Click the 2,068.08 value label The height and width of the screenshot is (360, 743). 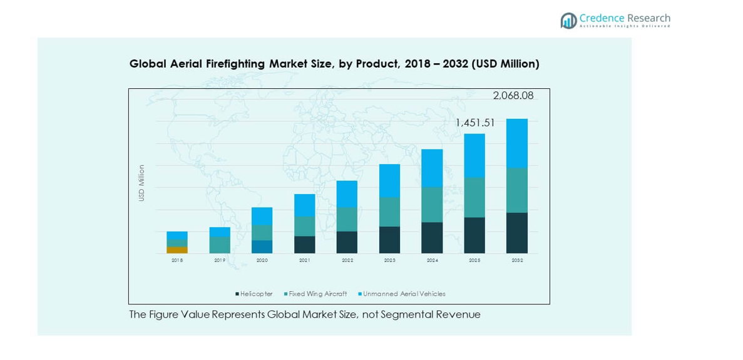tap(513, 96)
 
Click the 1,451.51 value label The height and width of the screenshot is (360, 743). tap(475, 123)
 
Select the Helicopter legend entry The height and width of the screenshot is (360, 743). tap(254, 294)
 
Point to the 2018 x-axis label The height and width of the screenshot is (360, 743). tap(177, 260)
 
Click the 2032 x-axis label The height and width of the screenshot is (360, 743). tap(517, 260)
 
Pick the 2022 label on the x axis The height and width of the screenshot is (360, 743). tap(347, 260)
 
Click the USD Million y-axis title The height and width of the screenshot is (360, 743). tap(141, 183)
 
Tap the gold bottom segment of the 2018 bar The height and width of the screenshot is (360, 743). tap(177, 250)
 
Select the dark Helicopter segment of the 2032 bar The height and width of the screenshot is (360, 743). tap(517, 233)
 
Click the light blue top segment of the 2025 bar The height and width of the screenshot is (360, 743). tap(474, 155)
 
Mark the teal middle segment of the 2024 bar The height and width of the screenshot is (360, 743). tap(432, 205)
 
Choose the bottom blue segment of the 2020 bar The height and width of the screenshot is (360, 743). tap(262, 247)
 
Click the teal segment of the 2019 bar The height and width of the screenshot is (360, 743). tap(220, 245)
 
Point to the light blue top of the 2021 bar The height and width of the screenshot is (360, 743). tap(305, 205)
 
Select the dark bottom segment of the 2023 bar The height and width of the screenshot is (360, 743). tap(389, 240)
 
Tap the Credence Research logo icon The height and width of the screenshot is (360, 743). tap(568, 21)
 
